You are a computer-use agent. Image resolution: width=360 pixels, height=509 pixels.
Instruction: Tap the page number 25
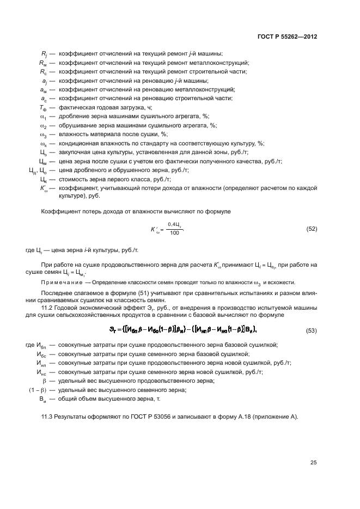313,463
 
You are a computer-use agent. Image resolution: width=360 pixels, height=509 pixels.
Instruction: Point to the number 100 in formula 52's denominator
174,233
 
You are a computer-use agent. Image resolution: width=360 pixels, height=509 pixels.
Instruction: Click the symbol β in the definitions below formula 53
45,381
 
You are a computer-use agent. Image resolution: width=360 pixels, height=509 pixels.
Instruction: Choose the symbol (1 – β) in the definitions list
39,390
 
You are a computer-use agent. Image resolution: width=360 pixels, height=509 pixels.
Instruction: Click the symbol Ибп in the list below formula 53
41,345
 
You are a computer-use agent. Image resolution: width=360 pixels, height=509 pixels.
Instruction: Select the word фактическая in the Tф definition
76,107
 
